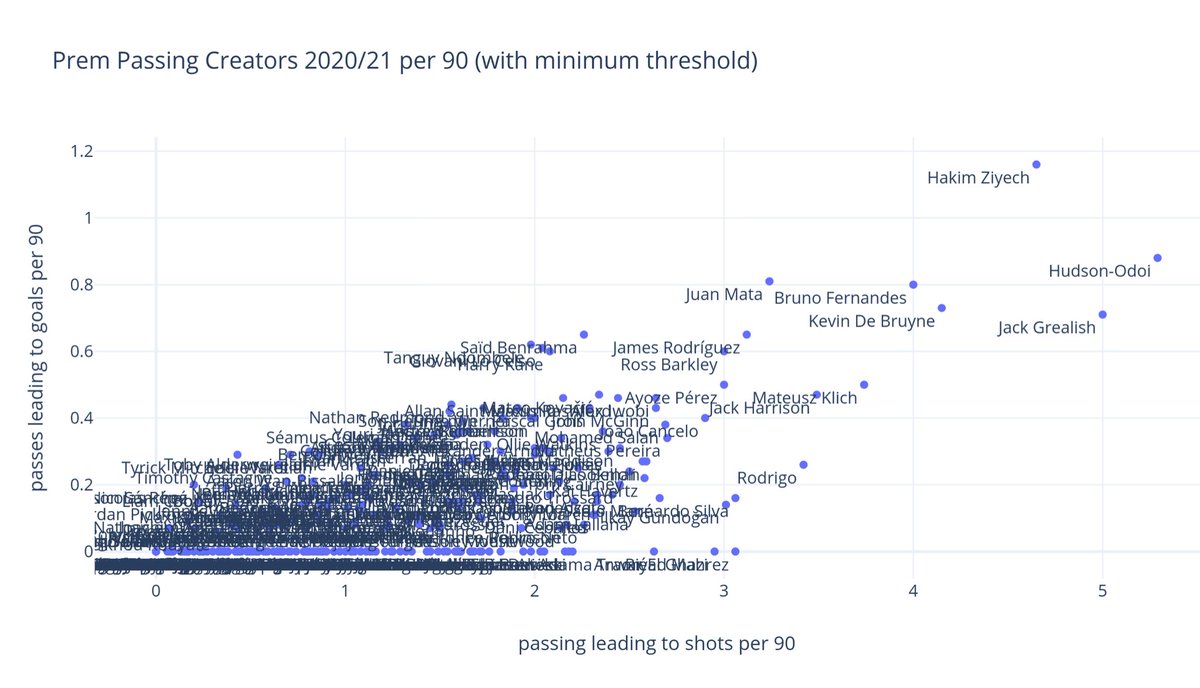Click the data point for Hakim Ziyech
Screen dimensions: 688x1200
tap(1037, 164)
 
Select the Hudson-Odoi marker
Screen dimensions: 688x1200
tap(1157, 258)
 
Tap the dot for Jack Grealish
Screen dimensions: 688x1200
tap(1102, 314)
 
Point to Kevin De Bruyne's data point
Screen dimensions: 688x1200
tap(941, 308)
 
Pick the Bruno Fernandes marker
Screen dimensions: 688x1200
tap(913, 285)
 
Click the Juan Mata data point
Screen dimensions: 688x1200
tap(769, 282)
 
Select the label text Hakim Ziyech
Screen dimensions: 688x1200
tap(977, 179)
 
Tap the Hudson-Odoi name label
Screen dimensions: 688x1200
tap(1100, 271)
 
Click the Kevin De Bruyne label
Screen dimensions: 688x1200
tap(871, 322)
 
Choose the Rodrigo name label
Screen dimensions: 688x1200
tap(767, 478)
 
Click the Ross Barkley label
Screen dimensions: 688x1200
tap(669, 365)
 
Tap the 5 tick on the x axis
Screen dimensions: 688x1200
tap(1102, 591)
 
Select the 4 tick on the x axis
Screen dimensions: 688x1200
tap(913, 591)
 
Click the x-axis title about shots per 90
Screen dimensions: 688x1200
tap(656, 645)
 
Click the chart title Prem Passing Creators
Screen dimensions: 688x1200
tap(404, 62)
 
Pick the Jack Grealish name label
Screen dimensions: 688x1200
tap(1046, 328)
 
